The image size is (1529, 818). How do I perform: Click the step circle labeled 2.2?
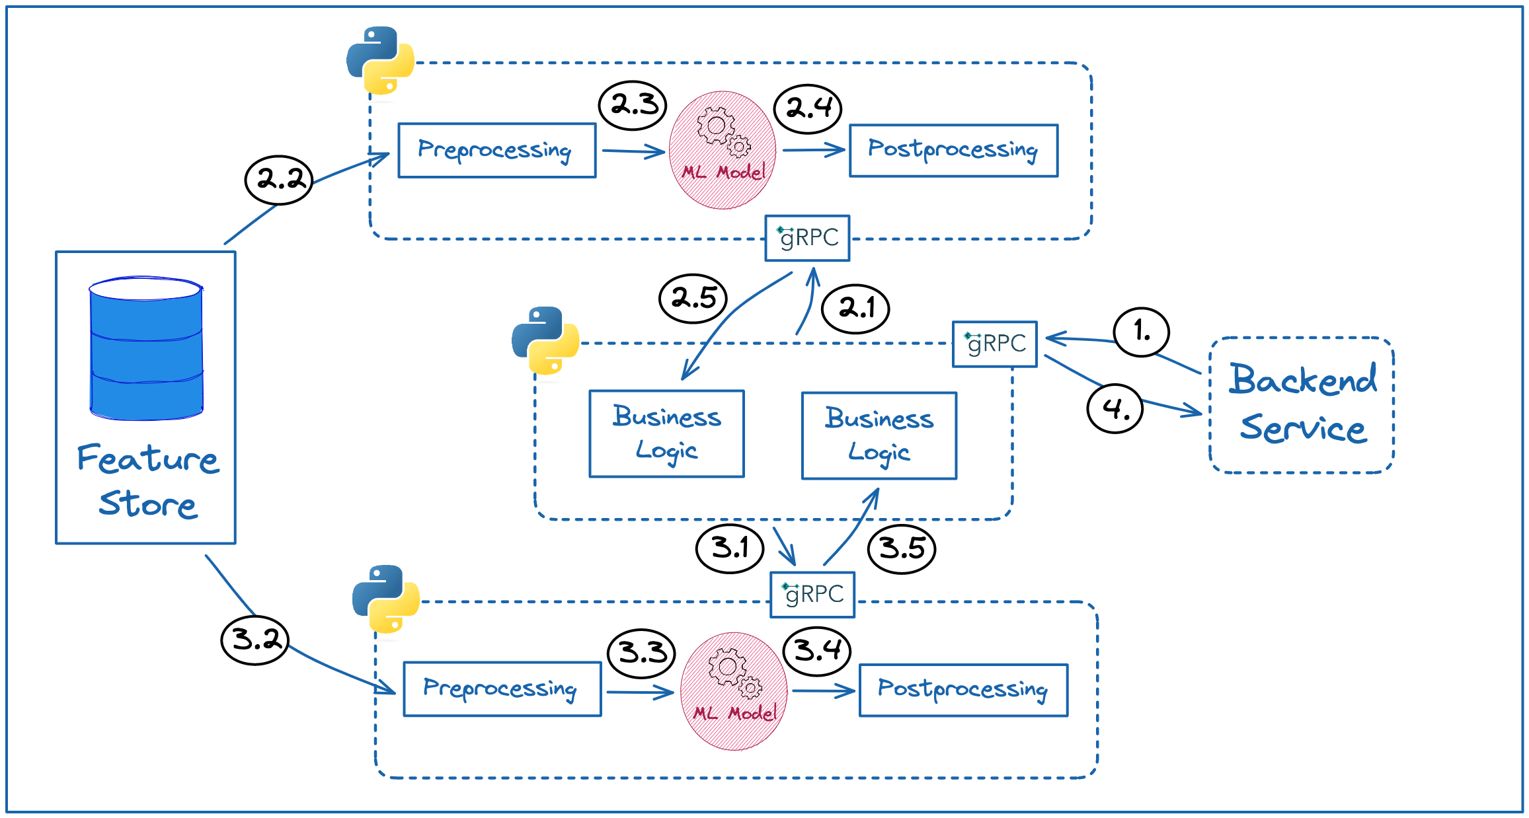point(279,180)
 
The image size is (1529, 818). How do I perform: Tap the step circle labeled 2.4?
point(808,108)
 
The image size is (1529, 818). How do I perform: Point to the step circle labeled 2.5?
point(693,299)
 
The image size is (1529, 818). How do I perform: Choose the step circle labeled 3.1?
point(730,548)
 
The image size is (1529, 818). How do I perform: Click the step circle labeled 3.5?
point(902,548)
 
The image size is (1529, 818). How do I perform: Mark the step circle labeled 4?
point(1115,409)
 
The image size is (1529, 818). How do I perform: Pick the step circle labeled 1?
point(1142,332)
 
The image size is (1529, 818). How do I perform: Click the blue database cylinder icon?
point(146,348)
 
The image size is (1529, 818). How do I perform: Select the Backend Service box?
point(1302,405)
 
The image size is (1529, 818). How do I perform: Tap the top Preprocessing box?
point(497,151)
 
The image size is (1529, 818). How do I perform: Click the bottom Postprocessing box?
point(963,690)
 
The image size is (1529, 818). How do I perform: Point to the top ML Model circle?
point(723,150)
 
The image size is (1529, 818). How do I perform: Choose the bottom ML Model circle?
point(734,691)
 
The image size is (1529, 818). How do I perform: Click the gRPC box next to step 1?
point(994,344)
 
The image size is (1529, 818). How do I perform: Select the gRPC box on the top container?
point(807,238)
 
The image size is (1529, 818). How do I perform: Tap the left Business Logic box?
point(667,433)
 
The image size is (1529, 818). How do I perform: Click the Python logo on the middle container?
point(545,340)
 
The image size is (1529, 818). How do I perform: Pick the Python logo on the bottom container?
point(386,599)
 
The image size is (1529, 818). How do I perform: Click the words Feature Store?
point(147,481)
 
